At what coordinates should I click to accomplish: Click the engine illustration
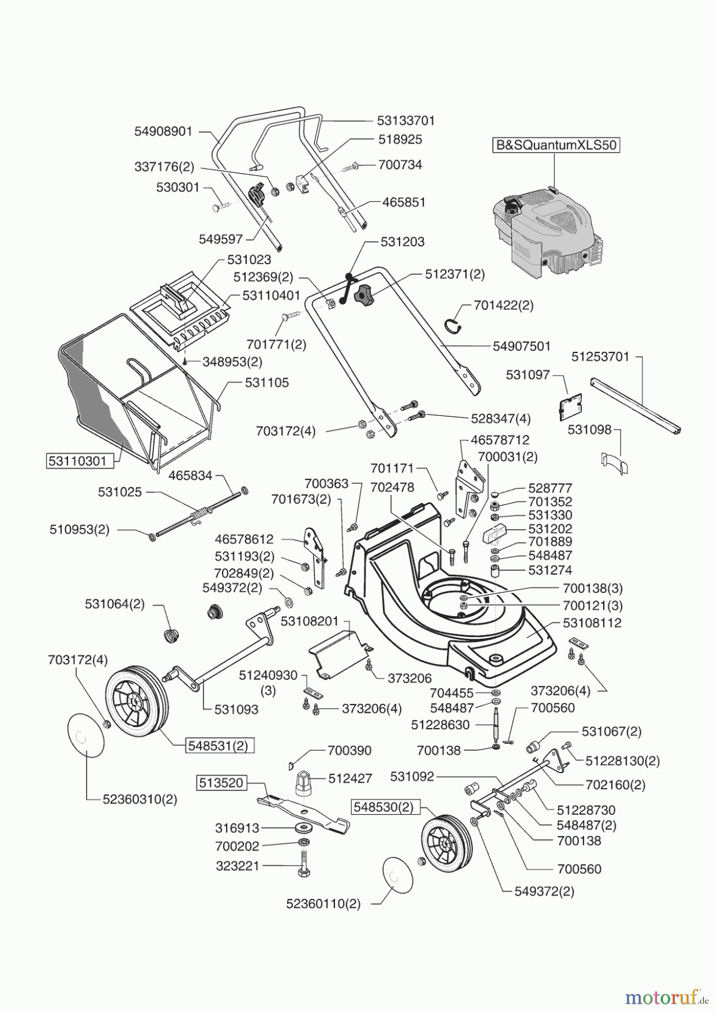[547, 231]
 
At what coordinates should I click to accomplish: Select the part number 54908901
[163, 132]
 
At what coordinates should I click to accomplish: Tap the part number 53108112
[592, 623]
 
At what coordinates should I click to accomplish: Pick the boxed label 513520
[221, 782]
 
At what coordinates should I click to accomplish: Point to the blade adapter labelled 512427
[303, 781]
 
